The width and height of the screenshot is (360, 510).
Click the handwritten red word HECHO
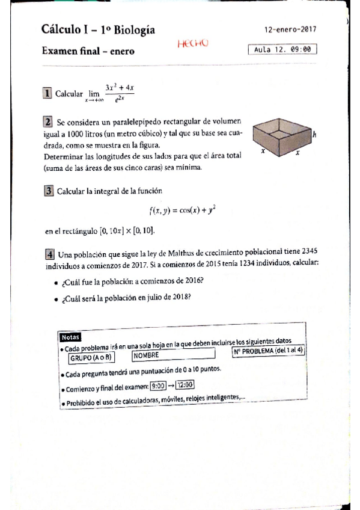pos(193,43)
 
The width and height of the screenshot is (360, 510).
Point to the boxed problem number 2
pos(47,122)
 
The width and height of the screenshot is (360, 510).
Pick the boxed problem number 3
pos(48,192)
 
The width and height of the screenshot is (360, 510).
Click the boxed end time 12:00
pos(186,386)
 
